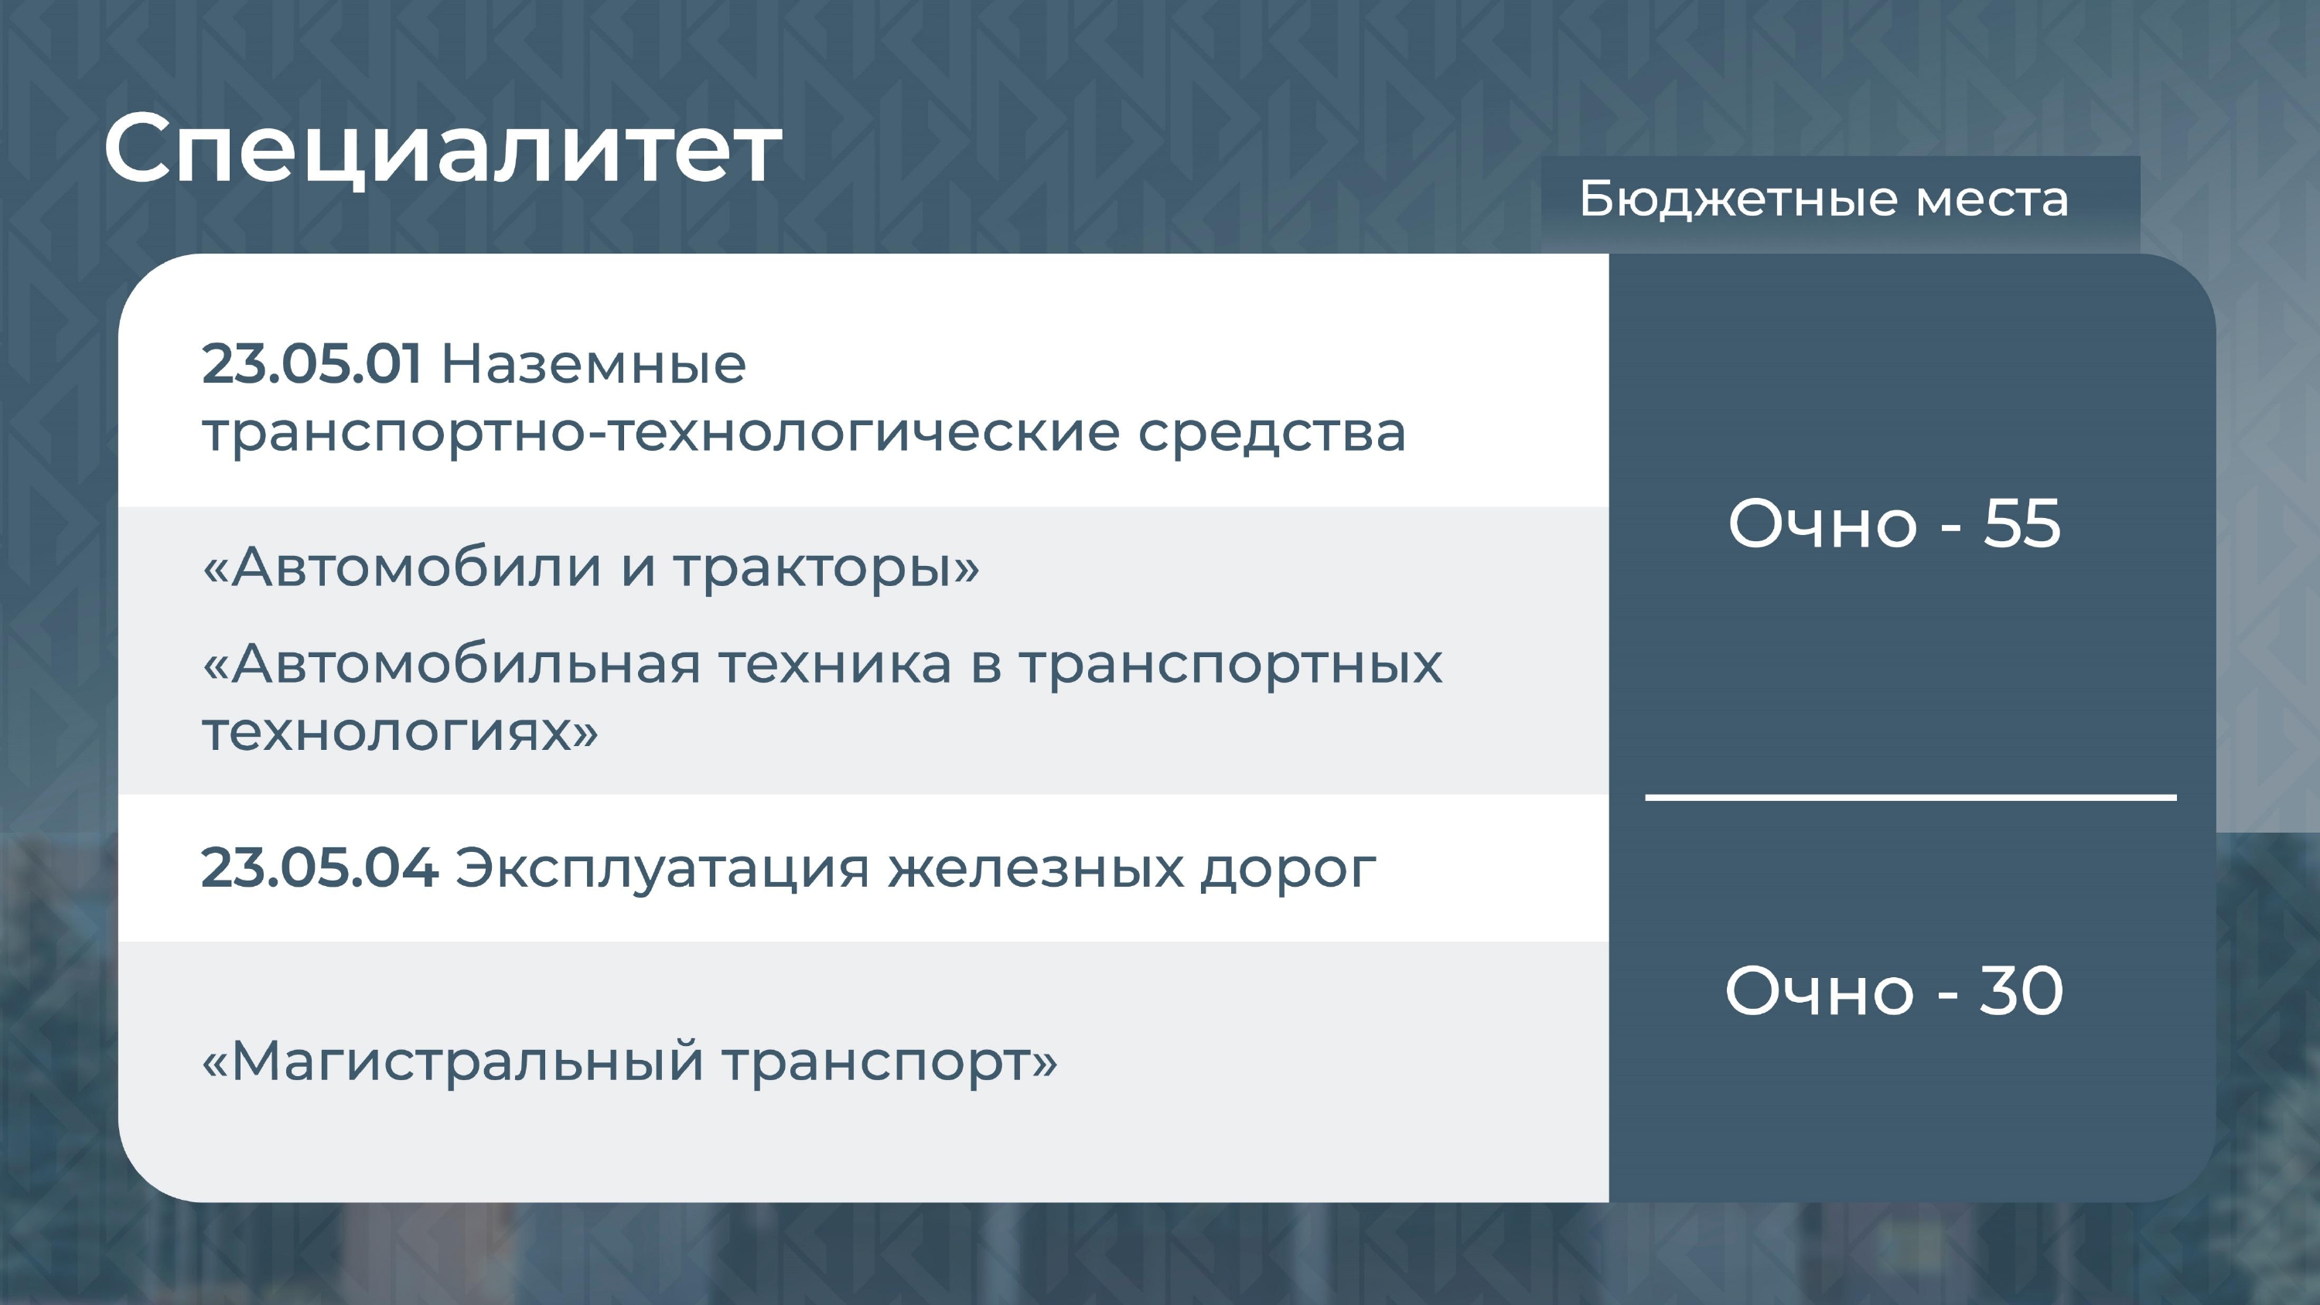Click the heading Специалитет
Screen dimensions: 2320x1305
coord(443,149)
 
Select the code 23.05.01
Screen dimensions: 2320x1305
coord(311,365)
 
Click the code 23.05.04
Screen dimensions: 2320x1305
coord(319,868)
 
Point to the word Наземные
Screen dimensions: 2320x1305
coord(593,365)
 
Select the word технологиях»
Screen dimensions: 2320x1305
coord(400,732)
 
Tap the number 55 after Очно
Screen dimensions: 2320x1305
coord(2022,524)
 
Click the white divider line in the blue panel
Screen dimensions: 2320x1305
coord(1911,797)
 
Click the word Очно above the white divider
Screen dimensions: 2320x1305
coord(1822,524)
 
